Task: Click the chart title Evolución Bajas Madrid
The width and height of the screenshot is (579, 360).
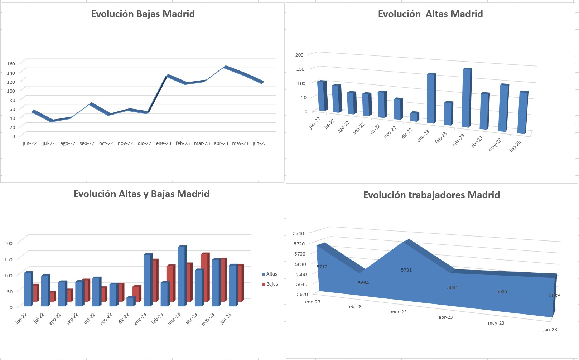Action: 143,14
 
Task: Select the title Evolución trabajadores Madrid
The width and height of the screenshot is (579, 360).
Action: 431,195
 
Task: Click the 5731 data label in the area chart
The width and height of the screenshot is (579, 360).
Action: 406,270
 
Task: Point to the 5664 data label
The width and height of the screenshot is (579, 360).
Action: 363,283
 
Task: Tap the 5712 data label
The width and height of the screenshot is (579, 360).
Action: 322,267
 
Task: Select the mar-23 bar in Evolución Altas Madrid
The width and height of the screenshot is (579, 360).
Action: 466,97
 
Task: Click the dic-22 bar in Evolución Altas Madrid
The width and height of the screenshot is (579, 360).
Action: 414,117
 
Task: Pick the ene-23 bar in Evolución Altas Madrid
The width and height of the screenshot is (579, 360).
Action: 431,98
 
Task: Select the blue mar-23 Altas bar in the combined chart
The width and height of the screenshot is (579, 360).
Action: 181,276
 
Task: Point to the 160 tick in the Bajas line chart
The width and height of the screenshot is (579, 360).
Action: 11,64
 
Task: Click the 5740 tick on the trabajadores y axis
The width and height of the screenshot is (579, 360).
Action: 298,233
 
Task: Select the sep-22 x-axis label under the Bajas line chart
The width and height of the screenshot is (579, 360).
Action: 87,143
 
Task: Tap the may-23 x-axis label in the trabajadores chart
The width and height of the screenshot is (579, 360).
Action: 496,323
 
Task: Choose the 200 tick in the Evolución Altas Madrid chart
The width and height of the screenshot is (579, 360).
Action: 299,55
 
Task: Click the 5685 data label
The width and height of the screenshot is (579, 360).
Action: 501,292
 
